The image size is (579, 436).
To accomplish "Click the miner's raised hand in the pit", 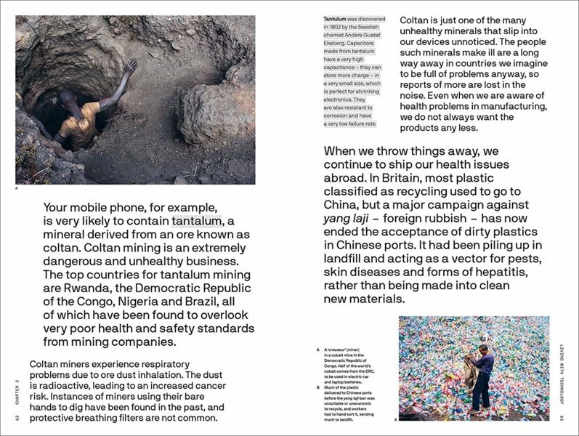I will point(131,66).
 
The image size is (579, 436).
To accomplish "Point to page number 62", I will point(17,418).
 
